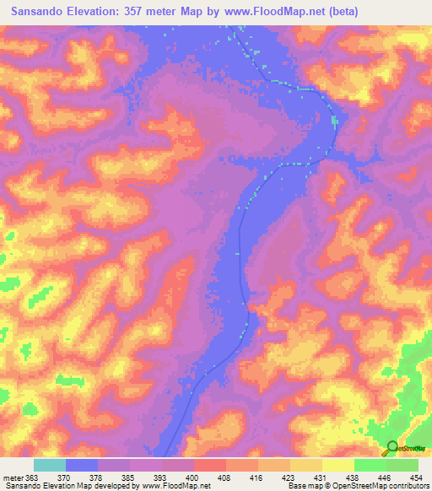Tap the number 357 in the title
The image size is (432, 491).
pos(148,12)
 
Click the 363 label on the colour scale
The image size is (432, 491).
pos(33,478)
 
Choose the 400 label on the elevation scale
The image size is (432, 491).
pos(192,478)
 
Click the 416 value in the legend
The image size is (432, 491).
pos(256,478)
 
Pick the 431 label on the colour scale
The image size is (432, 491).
pos(321,478)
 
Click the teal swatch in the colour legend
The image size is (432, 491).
pos(50,465)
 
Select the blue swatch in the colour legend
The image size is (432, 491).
pos(82,465)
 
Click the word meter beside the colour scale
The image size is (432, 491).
pos(13,478)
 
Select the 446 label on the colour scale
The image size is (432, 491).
pos(384,478)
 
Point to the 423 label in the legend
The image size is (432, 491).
pos(289,478)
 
